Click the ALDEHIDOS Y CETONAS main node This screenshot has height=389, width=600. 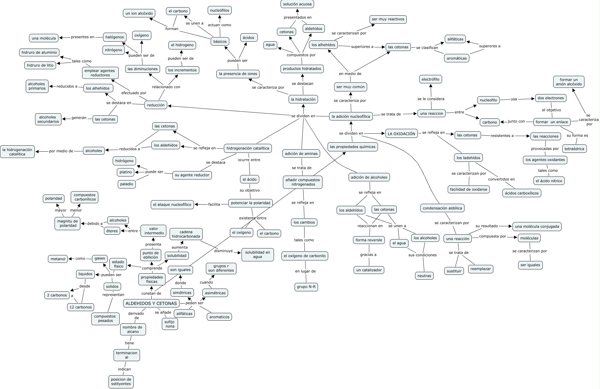tap(151, 303)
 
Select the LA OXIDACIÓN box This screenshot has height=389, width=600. tap(401, 134)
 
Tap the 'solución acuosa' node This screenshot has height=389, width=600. tap(297, 4)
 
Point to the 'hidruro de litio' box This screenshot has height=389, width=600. tap(40, 65)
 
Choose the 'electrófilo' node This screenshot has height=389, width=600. tap(430, 79)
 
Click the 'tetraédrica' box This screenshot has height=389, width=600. tap(574, 149)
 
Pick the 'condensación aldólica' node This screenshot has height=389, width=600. tap(442, 208)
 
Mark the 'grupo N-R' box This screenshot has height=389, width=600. tap(306, 287)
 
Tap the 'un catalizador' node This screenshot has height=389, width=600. tap(369, 270)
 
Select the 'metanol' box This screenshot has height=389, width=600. tap(58, 259)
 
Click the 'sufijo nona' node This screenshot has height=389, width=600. tap(170, 324)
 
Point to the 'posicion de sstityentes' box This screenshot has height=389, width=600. tap(121, 382)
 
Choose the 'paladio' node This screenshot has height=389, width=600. tap(126, 184)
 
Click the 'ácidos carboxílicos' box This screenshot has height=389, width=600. tap(521, 193)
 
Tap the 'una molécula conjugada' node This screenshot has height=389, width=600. tap(537, 227)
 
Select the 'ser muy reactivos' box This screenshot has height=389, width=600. tap(388, 19)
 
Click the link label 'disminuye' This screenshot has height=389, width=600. tap(223, 251)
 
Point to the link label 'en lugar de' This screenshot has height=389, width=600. tap(305, 271)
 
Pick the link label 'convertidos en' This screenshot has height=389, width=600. tap(501, 179)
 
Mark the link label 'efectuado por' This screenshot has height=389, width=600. tap(134, 93)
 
